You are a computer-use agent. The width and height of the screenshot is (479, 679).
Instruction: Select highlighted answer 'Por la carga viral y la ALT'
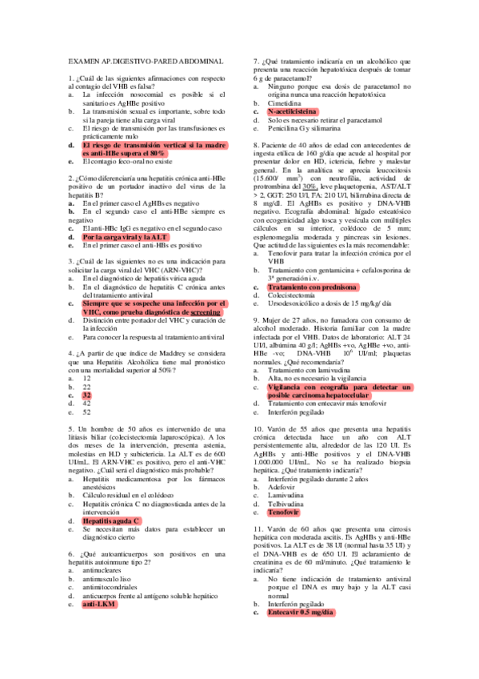point(125,237)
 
